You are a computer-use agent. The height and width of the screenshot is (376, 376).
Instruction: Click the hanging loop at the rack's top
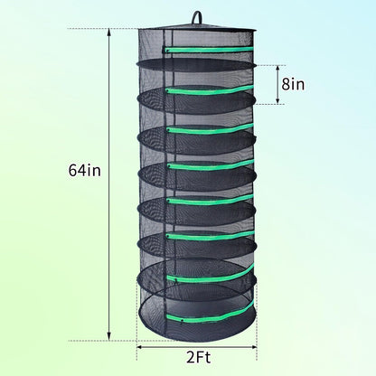pos(196,15)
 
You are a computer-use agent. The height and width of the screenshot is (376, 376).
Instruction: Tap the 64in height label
pos(85,171)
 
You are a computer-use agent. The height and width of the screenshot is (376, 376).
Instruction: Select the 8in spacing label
pos(293,84)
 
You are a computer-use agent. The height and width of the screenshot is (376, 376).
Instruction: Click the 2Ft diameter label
pos(198,358)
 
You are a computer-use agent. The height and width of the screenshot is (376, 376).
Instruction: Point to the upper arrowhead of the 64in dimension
pos(109,33)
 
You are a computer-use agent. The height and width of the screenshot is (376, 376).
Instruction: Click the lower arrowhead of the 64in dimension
pos(109,336)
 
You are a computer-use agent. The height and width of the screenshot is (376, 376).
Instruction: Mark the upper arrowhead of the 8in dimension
pos(277,69)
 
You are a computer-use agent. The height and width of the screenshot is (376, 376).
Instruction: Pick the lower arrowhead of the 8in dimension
pos(277,100)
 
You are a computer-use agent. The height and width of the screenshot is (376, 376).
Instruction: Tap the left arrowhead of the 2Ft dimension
pos(140,347)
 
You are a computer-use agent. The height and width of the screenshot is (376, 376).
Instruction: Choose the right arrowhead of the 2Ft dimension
pos(253,347)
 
